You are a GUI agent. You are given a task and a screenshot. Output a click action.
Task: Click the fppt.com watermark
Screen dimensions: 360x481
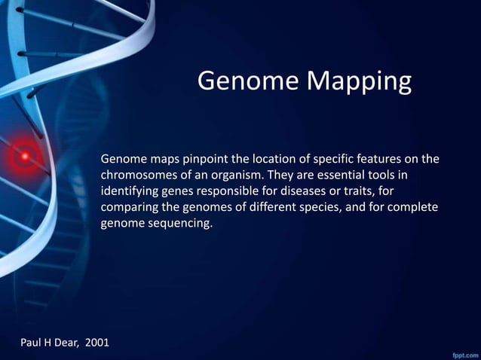click(462, 352)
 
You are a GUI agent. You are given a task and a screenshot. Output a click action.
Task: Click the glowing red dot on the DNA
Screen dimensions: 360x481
click(25, 157)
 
